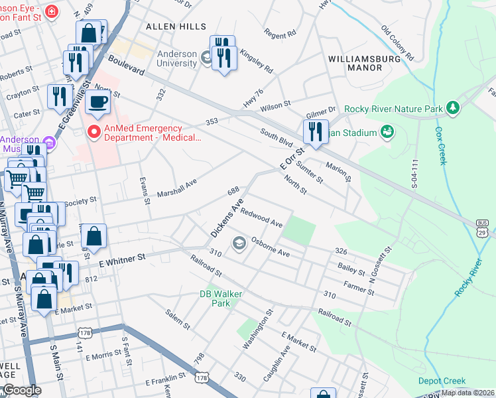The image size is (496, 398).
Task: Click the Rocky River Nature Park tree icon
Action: [x=454, y=108]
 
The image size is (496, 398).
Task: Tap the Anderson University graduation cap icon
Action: [x=207, y=60]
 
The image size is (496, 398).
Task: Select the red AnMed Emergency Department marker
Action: [x=94, y=133]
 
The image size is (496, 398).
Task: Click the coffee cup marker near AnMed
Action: [x=98, y=103]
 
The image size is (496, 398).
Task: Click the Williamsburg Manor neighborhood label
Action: [x=355, y=63]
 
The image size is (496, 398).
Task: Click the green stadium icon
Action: [x=387, y=133]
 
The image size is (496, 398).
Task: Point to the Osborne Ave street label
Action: [x=270, y=246]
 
